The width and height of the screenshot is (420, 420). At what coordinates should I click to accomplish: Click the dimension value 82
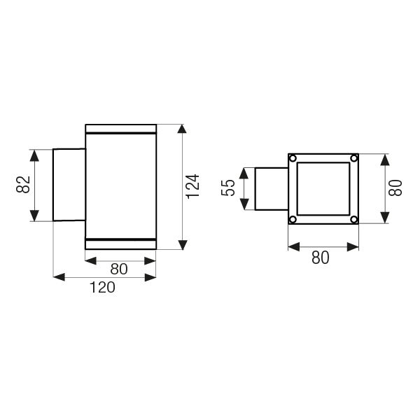point(23,184)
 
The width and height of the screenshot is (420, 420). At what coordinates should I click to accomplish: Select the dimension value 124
point(193,186)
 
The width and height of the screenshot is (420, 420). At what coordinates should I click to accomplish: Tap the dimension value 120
point(102,287)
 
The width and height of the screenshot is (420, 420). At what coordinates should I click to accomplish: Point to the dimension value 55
point(228,188)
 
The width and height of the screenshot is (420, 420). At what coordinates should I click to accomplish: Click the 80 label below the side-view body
point(119,269)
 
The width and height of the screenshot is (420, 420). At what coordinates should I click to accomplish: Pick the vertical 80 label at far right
point(395,188)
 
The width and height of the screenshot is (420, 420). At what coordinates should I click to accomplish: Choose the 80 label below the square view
point(321,258)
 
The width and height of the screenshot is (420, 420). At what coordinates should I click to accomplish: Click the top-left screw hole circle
point(293,158)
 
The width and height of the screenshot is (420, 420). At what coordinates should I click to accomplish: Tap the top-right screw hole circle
point(354,158)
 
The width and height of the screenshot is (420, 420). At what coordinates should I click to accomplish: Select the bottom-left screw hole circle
point(293,220)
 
